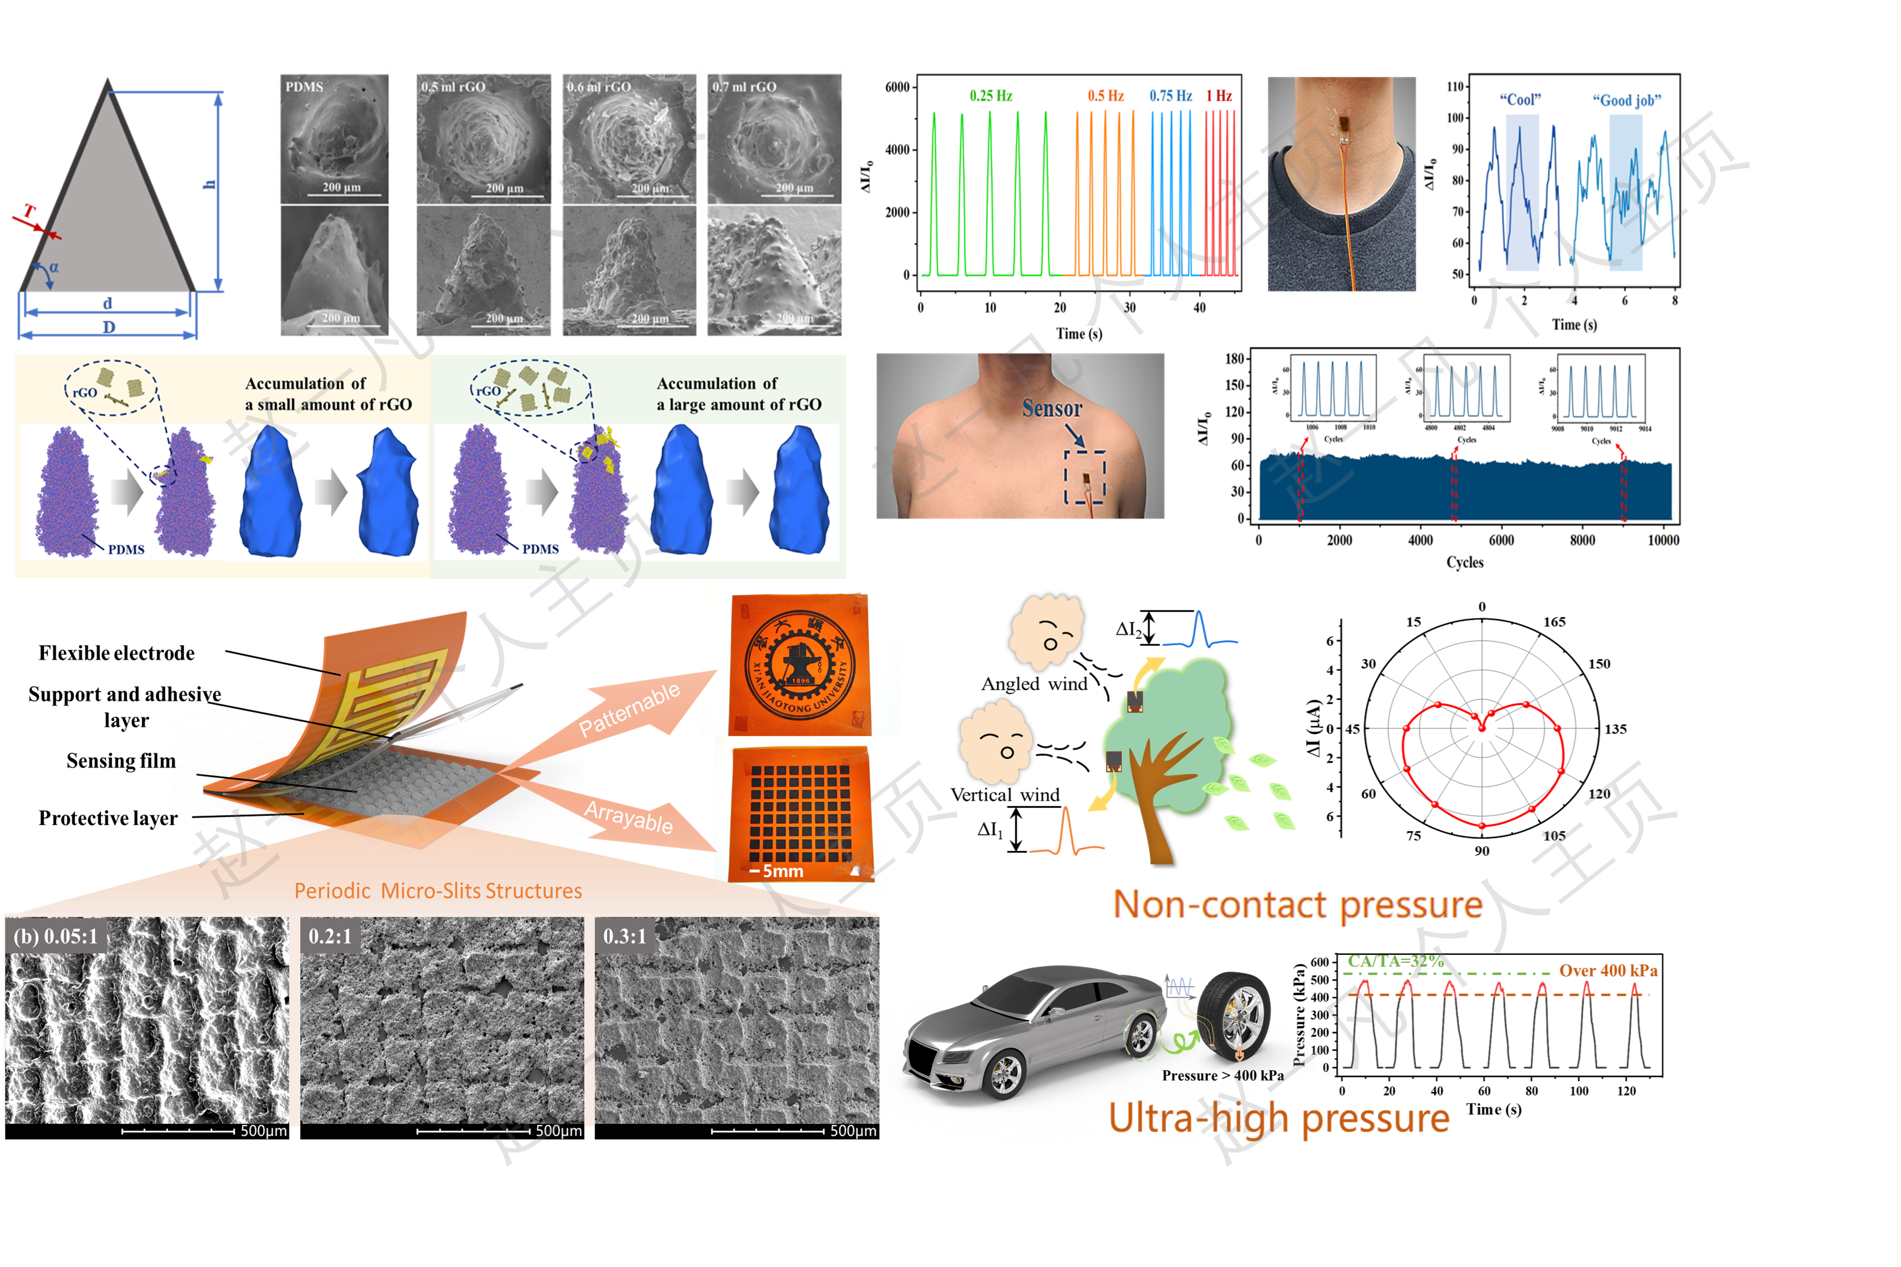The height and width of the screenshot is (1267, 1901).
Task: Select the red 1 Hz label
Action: coord(1218,95)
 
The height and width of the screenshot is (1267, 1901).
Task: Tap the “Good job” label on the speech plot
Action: coord(1626,100)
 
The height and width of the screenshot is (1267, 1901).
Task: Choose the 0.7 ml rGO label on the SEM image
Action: coord(743,86)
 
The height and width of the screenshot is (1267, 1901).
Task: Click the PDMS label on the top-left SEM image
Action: coord(304,86)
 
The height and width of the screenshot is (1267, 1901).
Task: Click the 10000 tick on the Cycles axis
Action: coord(1663,540)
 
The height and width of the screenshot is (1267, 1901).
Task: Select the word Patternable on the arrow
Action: coord(629,709)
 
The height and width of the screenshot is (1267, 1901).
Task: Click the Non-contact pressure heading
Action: coord(1297,905)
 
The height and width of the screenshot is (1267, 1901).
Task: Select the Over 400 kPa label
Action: coord(1608,970)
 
